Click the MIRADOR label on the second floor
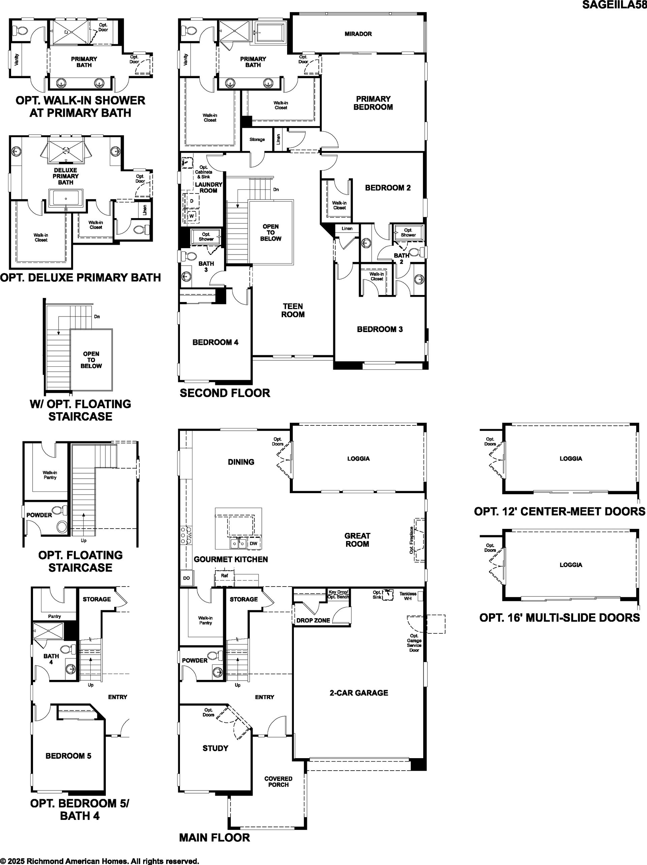pos(358,34)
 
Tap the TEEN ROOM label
pos(293,310)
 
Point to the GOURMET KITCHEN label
pos(230,560)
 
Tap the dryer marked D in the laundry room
pos(191,201)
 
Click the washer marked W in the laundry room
pos(191,216)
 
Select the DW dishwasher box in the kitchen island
pos(253,543)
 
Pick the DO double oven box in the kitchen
pos(186,578)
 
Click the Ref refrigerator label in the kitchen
pos(224,576)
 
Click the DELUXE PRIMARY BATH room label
pos(66,176)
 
